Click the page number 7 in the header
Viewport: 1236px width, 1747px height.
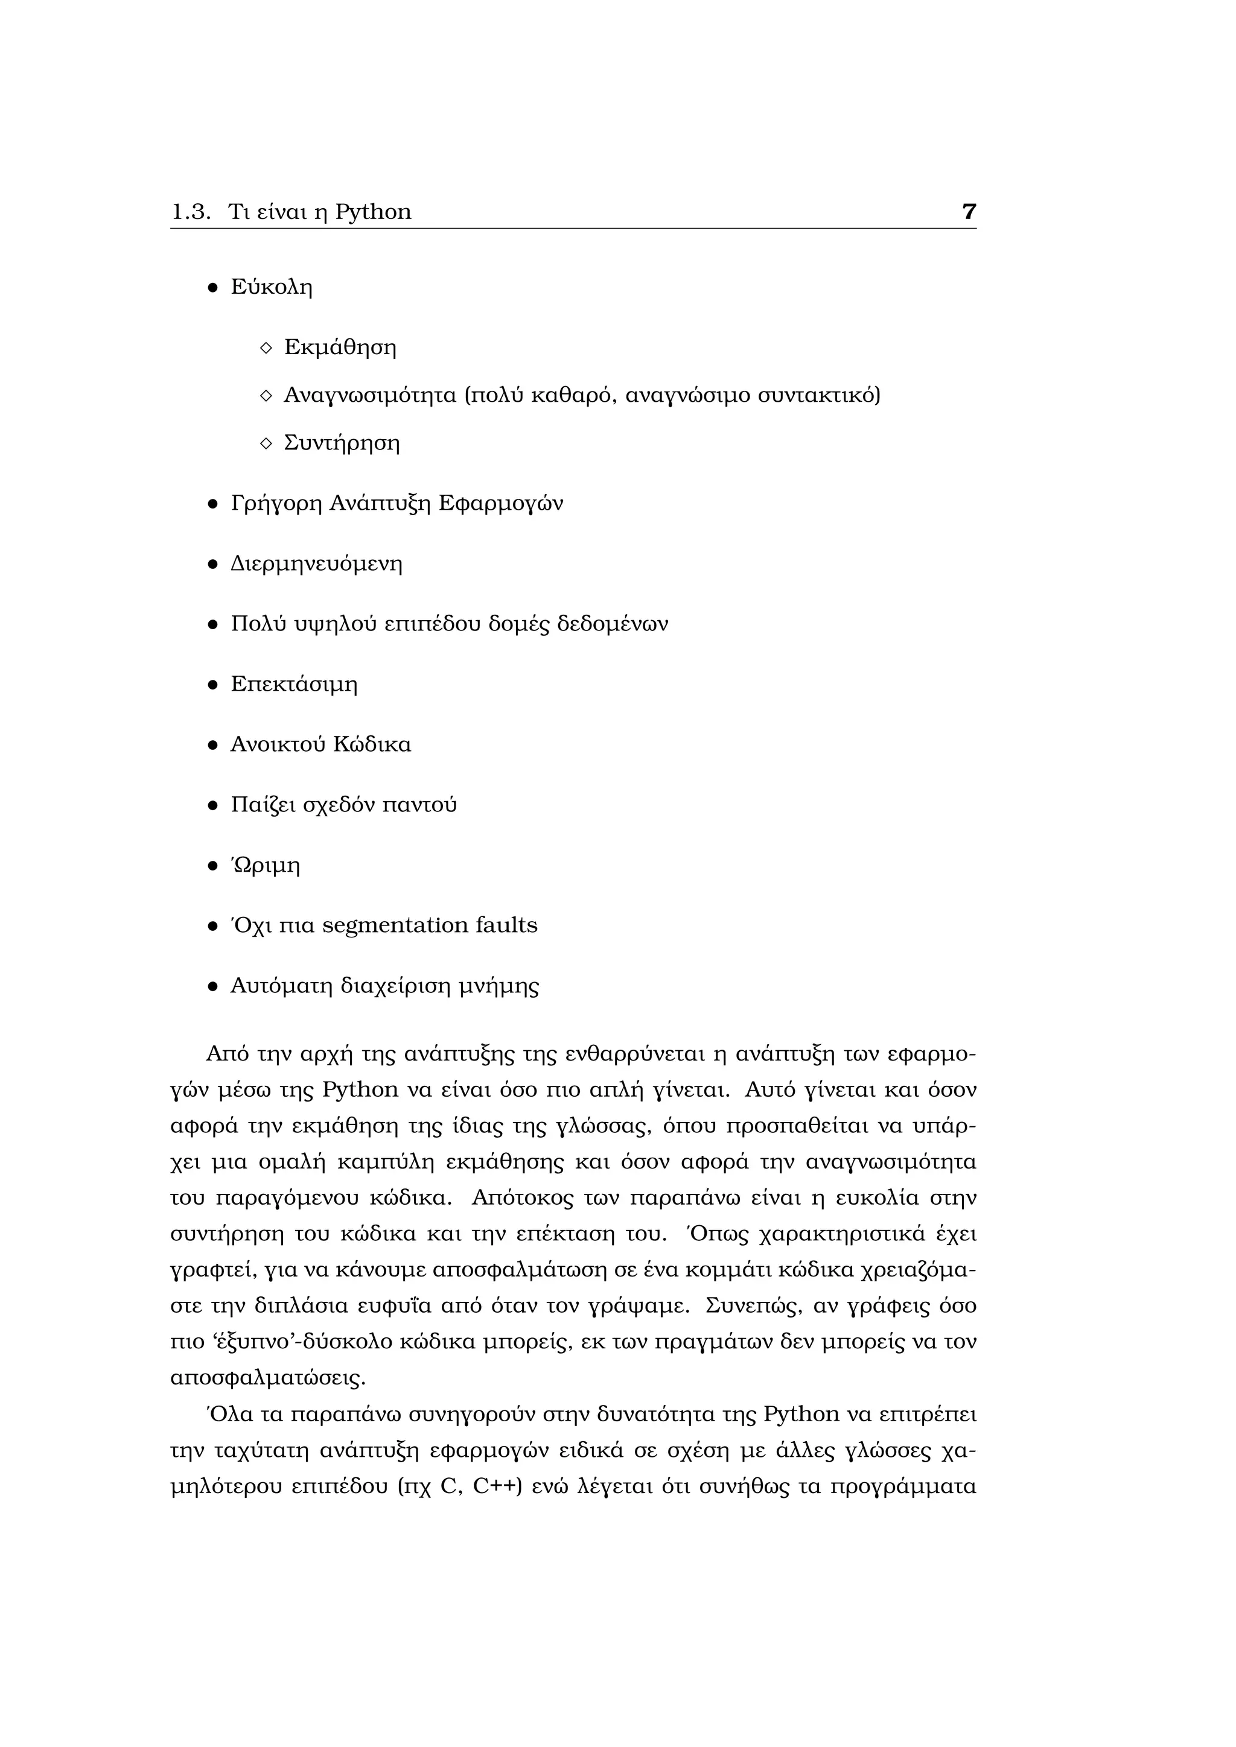(x=968, y=212)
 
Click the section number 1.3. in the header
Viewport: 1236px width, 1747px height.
(x=190, y=212)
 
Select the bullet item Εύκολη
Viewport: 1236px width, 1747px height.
(x=272, y=288)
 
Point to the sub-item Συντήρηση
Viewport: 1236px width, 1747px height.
(x=342, y=443)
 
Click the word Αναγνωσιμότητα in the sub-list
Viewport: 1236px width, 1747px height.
(x=370, y=396)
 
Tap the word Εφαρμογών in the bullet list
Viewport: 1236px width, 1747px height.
(x=501, y=504)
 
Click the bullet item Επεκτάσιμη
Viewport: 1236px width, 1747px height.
(x=294, y=684)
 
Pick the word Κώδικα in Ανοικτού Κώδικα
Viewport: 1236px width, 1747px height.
(x=377, y=744)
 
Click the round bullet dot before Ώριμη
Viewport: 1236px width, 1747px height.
(x=213, y=866)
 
